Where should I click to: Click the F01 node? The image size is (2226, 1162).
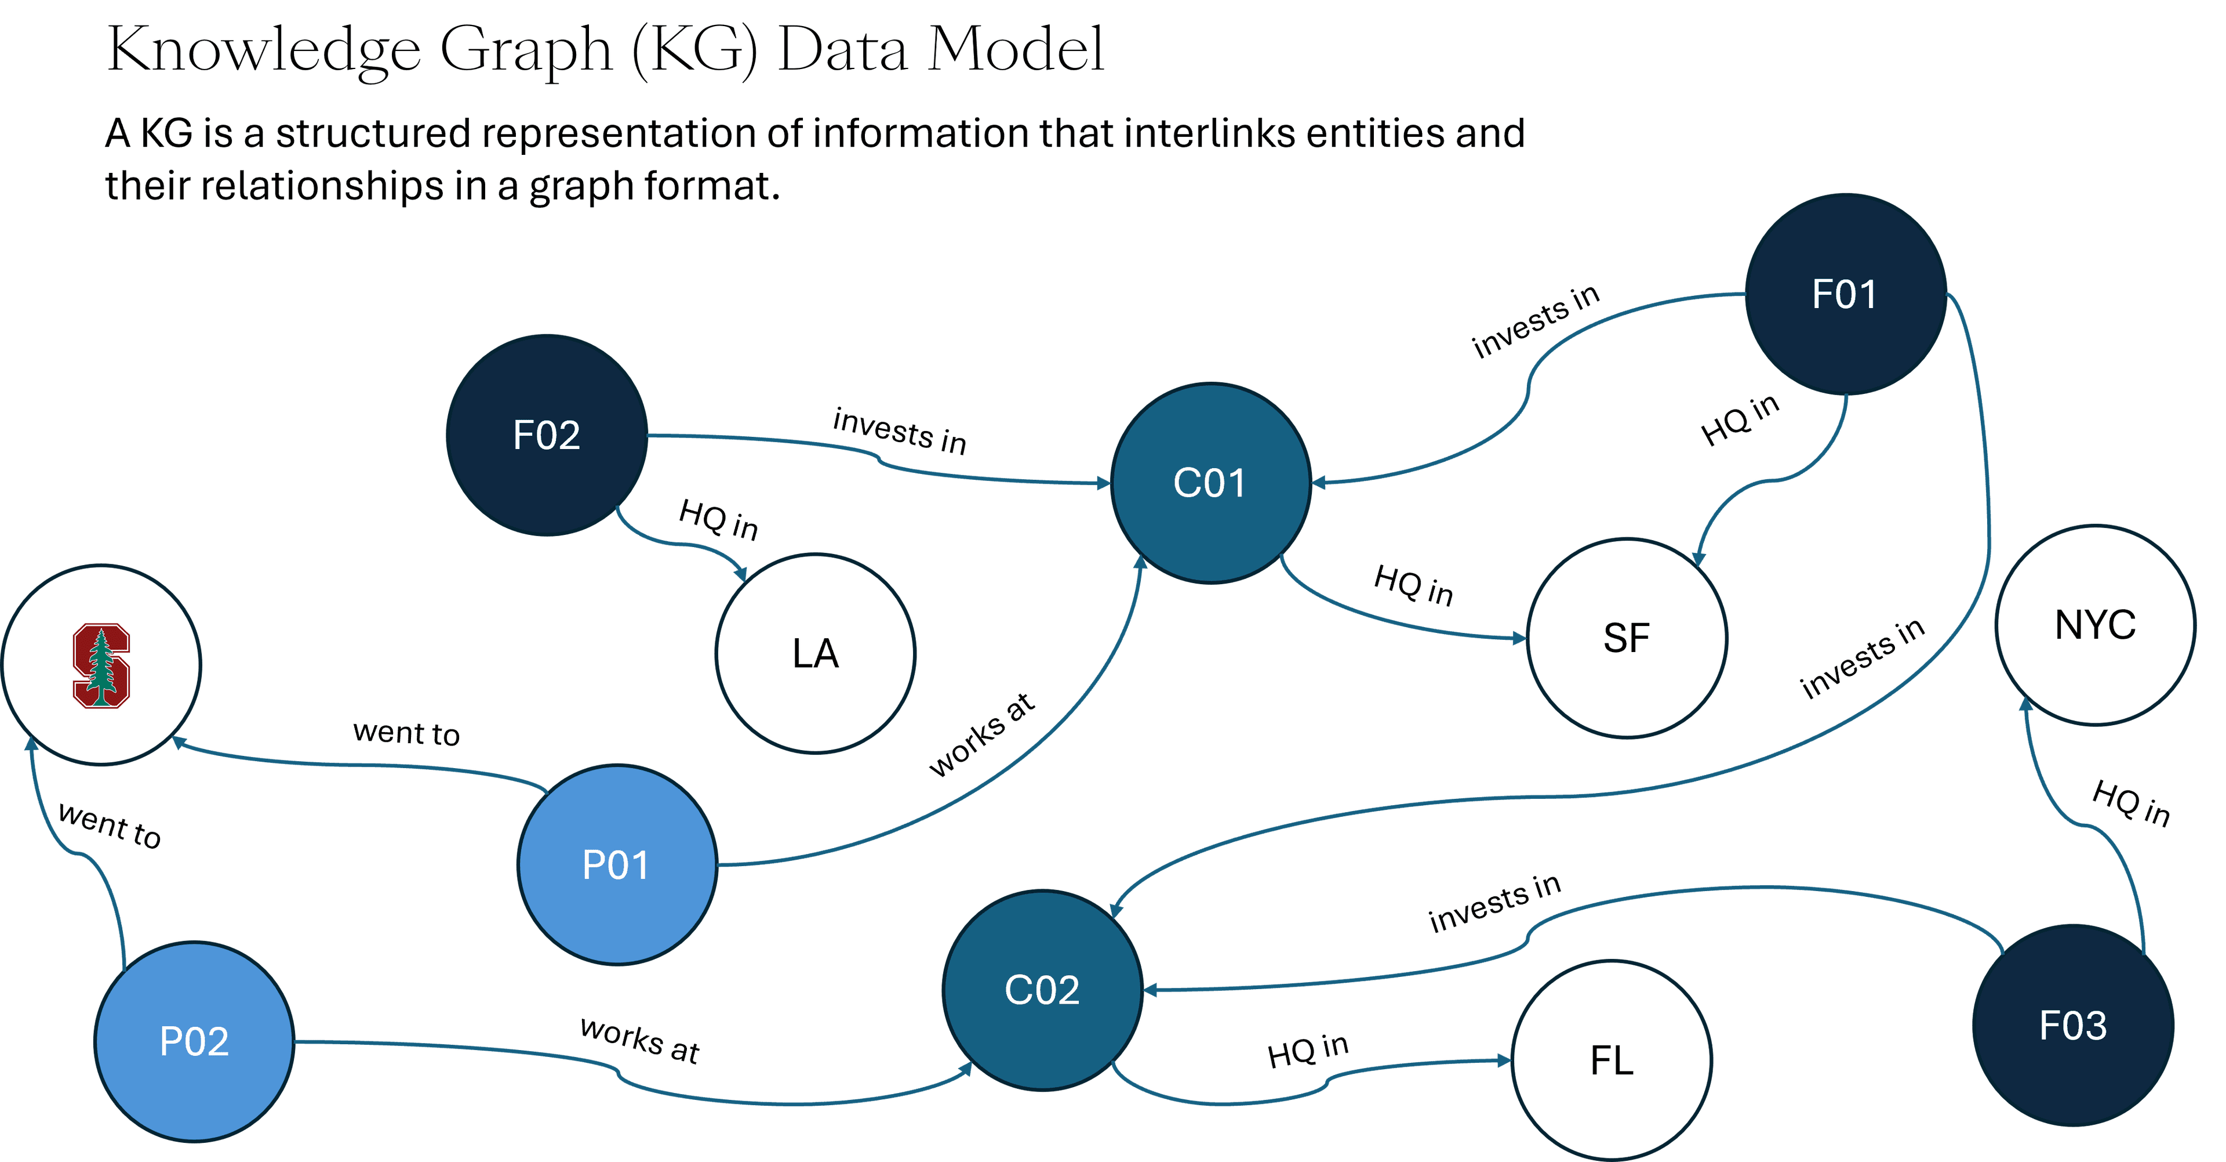(x=1845, y=294)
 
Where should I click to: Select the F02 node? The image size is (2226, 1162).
(x=546, y=435)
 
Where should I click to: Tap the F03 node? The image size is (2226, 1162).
(x=2073, y=1026)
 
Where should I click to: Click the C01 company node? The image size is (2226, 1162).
(x=1210, y=483)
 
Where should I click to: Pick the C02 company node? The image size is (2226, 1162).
(x=1042, y=990)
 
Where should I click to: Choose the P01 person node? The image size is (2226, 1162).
(x=616, y=864)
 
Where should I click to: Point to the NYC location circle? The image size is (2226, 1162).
(x=2094, y=624)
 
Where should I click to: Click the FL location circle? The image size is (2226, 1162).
(x=1612, y=1060)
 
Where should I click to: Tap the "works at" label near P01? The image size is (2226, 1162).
(x=981, y=735)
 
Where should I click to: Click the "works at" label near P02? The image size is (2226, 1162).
(x=639, y=1040)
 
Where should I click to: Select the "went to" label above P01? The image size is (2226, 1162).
(x=406, y=733)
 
